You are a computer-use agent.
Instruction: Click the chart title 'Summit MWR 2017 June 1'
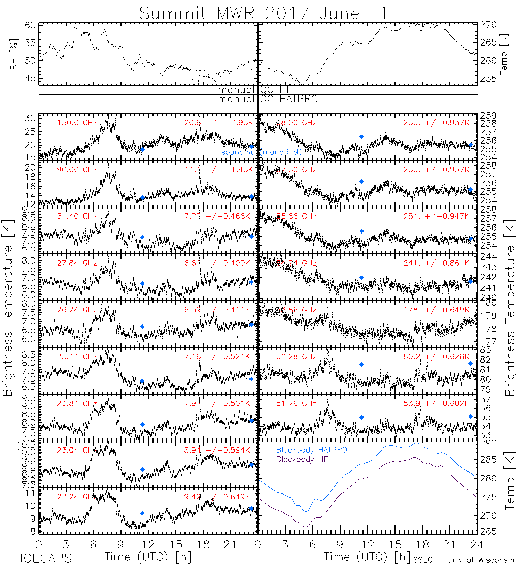click(x=263, y=13)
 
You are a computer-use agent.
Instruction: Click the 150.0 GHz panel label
click(x=77, y=123)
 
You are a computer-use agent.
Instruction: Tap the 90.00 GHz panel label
click(x=77, y=170)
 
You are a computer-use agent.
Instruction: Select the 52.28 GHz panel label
click(x=296, y=357)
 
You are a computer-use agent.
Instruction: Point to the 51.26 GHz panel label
click(x=296, y=403)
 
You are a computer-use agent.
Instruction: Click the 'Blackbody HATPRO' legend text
click(x=312, y=450)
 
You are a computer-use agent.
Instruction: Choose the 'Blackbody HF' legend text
click(x=302, y=459)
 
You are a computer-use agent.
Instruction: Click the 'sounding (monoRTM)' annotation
click(x=261, y=152)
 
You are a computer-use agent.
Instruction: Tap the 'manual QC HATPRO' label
click(x=268, y=99)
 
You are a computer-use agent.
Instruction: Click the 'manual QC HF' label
click(x=254, y=90)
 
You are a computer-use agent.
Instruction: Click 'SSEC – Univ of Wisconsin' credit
click(x=464, y=560)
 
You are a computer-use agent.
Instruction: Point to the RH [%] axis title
click(x=13, y=54)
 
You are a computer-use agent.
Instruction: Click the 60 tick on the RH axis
click(x=30, y=25)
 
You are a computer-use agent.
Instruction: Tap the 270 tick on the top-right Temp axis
click(x=488, y=25)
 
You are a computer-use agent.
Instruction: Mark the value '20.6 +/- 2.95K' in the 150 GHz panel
click(x=219, y=123)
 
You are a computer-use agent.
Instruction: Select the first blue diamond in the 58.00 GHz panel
click(x=361, y=137)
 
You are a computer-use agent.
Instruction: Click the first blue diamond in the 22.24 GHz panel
click(x=142, y=513)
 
